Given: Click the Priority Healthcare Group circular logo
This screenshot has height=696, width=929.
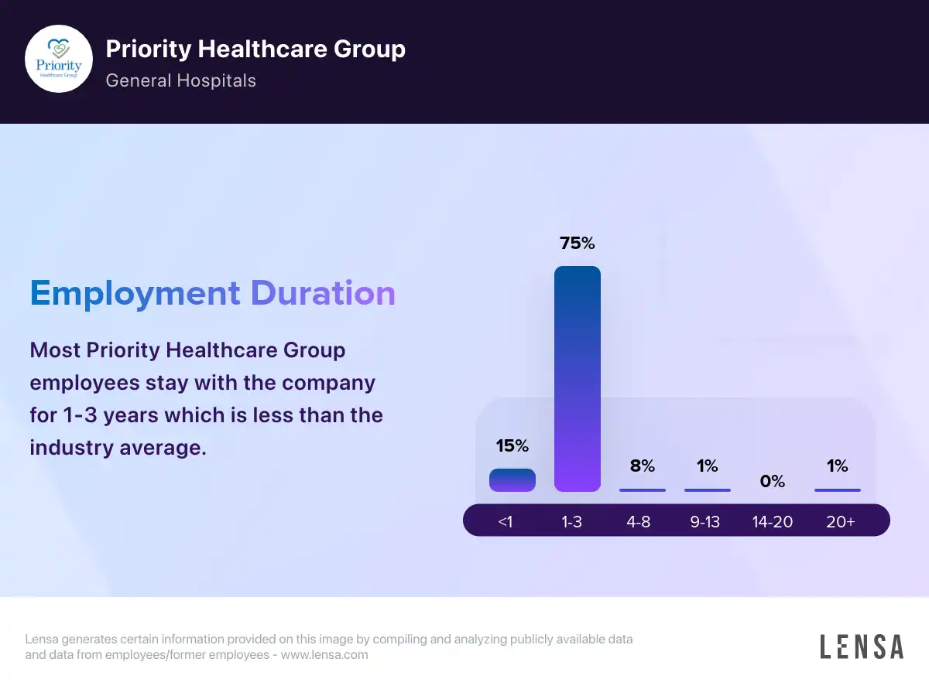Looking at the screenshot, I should [59, 59].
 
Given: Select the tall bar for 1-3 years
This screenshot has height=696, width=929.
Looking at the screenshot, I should [578, 379].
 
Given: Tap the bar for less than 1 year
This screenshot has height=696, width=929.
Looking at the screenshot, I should [512, 480].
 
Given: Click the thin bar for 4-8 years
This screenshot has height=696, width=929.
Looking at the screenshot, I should [643, 490].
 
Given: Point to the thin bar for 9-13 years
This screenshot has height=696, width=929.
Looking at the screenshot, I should [708, 490].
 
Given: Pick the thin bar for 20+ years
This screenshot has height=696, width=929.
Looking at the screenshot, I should [838, 490].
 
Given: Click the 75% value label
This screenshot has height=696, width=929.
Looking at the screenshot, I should [578, 243].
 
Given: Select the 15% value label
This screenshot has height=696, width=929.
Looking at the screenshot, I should [512, 445].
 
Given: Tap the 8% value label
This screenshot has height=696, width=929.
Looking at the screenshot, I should [643, 466].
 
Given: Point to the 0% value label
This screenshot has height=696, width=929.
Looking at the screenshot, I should [773, 481].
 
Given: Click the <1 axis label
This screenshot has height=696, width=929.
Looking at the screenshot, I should [506, 522].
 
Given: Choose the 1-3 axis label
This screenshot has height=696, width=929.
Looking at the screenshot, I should [572, 522].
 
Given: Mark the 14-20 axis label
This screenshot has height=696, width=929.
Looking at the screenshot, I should [773, 522].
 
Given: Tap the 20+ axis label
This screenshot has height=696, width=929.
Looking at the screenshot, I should [840, 522].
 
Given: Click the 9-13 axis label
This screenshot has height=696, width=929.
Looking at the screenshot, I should [705, 522].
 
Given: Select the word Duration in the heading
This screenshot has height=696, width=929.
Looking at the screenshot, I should [323, 294].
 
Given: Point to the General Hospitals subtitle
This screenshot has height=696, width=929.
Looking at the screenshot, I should [180, 80].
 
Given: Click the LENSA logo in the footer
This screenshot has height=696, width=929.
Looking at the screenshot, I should [862, 647].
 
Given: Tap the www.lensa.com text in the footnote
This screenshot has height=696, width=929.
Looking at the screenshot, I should [324, 655].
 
